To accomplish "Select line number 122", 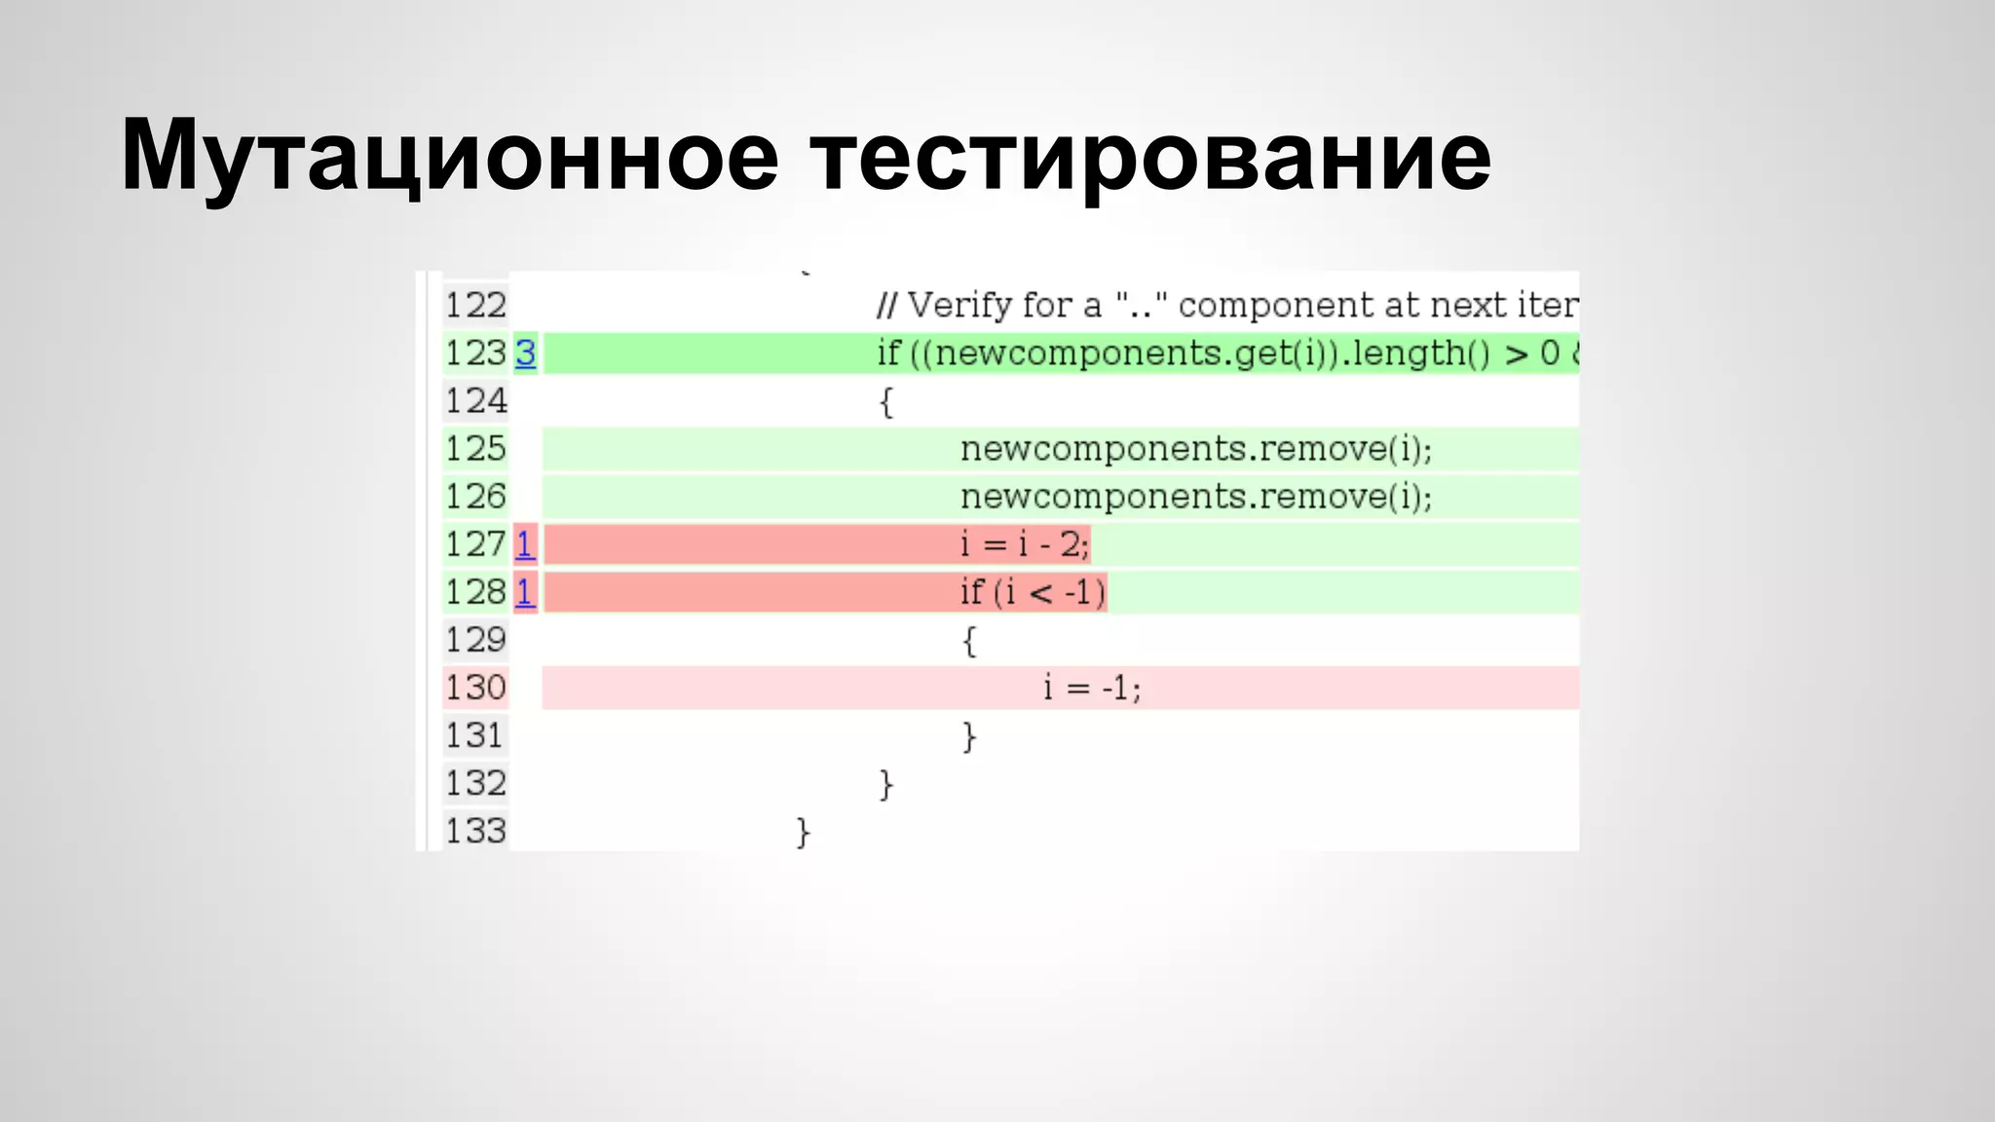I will click(475, 306).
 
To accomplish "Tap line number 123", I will click(475, 354).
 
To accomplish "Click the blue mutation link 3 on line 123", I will click(525, 354).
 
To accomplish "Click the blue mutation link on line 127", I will click(525, 544).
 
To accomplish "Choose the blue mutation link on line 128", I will click(525, 592).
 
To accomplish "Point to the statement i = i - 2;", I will click(1025, 544).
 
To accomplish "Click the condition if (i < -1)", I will click(1033, 592).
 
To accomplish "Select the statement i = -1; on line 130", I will click(1091, 689).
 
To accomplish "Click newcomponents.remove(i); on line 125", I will click(1196, 449).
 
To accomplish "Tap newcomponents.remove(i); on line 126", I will click(1196, 497).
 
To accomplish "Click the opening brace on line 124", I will click(885, 401).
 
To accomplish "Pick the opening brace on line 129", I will click(968, 641).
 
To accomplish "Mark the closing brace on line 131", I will click(968, 736).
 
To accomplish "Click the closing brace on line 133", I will click(803, 832).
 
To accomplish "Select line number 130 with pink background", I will click(475, 689).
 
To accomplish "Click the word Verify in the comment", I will click(960, 306).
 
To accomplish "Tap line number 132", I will click(475, 784).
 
